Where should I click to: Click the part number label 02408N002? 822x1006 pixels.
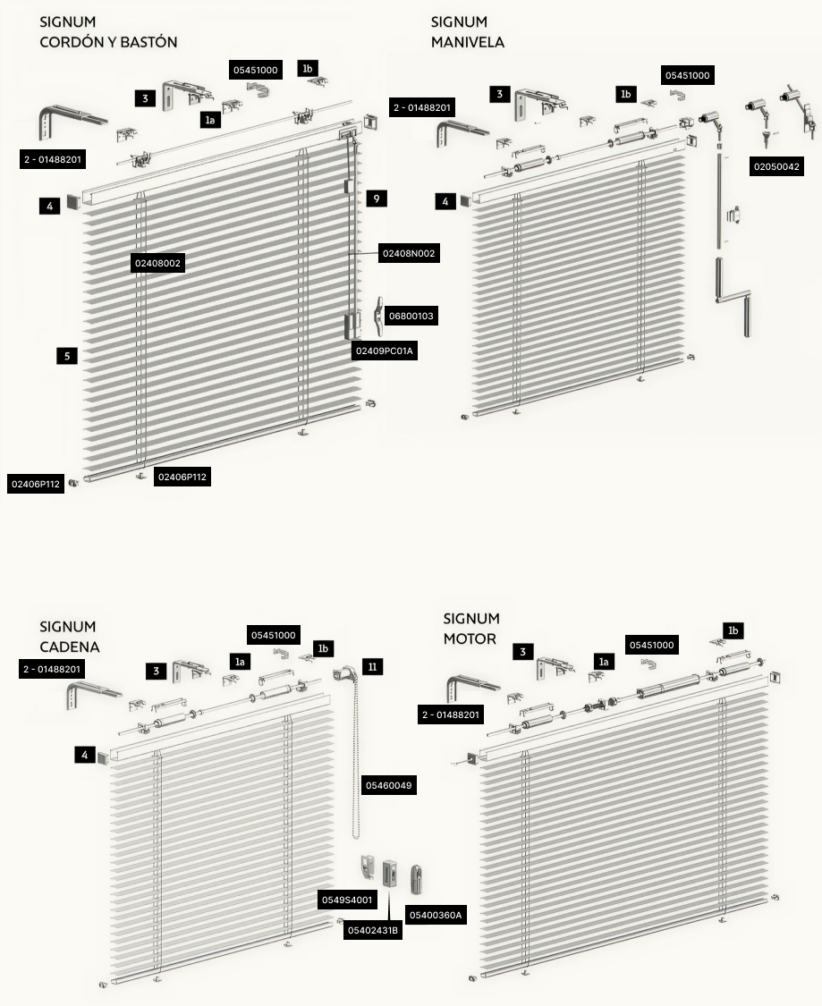(409, 253)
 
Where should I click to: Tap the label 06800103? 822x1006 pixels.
(411, 316)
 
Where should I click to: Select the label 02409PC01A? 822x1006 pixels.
(385, 351)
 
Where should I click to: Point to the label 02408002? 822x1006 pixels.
(157, 263)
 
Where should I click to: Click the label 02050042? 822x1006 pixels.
(776, 167)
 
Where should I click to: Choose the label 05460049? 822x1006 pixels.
(389, 785)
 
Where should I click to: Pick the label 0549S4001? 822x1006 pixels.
(347, 900)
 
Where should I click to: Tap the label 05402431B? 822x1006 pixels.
(373, 930)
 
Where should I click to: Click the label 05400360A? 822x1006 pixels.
(436, 915)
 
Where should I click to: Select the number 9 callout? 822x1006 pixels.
(377, 199)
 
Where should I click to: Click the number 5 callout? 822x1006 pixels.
(67, 356)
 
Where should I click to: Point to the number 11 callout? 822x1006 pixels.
(373, 667)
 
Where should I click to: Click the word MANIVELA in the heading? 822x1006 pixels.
(468, 42)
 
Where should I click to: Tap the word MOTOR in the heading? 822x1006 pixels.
(470, 639)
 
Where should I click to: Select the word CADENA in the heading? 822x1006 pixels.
(69, 647)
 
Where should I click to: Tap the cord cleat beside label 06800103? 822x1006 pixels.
(380, 316)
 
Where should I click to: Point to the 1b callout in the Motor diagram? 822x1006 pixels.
(733, 630)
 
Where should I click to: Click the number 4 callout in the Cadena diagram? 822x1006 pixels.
(85, 755)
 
